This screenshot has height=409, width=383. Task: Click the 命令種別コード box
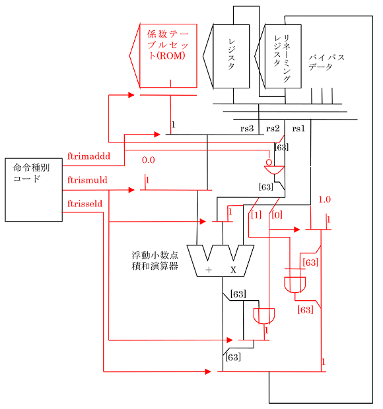tap(34, 190)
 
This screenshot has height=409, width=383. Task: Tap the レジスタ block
tap(231, 56)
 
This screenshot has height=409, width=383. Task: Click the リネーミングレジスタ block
tap(282, 56)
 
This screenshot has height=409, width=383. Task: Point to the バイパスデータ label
tap(326, 62)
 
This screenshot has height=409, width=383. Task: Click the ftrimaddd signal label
tap(88, 157)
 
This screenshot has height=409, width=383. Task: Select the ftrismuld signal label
tap(87, 179)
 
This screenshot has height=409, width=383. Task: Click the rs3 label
tap(247, 128)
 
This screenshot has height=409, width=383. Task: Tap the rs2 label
tap(273, 128)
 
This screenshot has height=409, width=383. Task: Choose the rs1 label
tap(298, 128)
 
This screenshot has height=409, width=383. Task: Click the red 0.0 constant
tap(149, 160)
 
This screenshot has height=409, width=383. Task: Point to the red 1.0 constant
tap(324, 199)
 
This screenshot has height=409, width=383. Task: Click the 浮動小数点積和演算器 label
tap(155, 261)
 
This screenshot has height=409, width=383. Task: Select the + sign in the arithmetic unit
tap(208, 270)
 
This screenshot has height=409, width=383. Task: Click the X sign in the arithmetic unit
tap(233, 270)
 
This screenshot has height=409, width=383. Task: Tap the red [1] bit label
tap(256, 214)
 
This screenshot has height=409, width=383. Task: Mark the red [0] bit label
tap(277, 214)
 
